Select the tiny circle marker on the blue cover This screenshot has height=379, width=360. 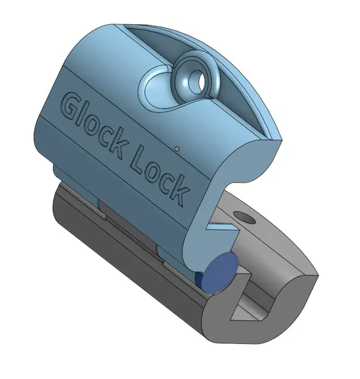point(177,148)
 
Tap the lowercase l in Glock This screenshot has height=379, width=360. point(85,113)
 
